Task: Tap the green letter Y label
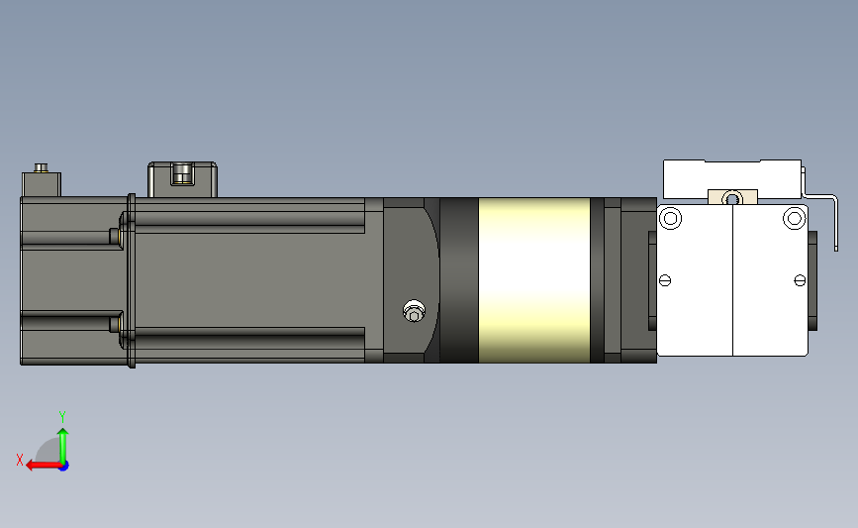(61, 416)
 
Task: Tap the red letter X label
(19, 460)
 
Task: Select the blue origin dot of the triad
(63, 465)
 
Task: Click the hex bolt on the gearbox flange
(414, 313)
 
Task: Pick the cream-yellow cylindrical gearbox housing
(533, 280)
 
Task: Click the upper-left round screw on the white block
(670, 218)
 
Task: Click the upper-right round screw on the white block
(794, 218)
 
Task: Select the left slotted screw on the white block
(664, 281)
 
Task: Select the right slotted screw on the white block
(800, 281)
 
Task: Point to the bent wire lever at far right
(831, 213)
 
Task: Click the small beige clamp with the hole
(731, 197)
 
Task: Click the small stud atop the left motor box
(42, 167)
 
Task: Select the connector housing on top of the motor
(182, 178)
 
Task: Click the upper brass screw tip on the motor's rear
(118, 235)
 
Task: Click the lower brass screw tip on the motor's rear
(118, 324)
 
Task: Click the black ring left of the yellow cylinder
(458, 280)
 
